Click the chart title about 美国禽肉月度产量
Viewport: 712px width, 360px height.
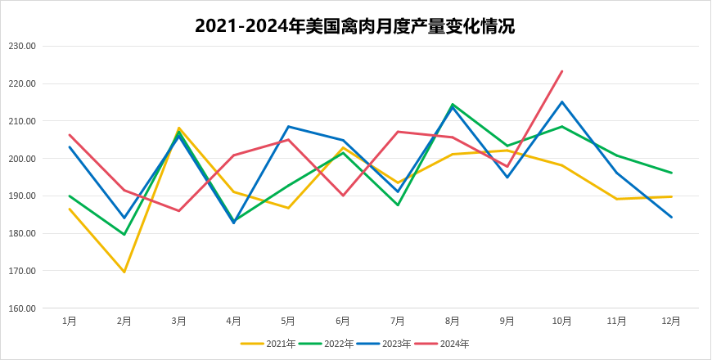point(355,25)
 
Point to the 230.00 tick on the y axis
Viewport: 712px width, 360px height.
point(22,46)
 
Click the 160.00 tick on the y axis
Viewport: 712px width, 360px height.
point(22,308)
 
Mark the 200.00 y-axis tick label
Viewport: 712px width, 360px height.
point(22,159)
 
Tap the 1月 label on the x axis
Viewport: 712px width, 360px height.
point(70,322)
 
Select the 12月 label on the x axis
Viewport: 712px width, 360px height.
point(671,322)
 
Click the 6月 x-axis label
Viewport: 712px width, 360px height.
point(343,322)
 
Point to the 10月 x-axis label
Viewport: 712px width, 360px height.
point(561,322)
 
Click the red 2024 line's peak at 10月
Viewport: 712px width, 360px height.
point(561,71)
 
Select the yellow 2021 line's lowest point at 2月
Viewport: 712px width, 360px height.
point(124,272)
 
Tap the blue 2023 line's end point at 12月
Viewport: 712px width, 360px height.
point(671,217)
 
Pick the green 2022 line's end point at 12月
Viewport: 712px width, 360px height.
point(671,173)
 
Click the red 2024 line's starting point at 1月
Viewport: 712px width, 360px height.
point(70,134)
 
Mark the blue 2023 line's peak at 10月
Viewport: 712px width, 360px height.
point(561,101)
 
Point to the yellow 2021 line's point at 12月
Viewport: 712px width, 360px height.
point(671,196)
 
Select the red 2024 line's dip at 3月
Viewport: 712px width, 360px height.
point(179,211)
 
